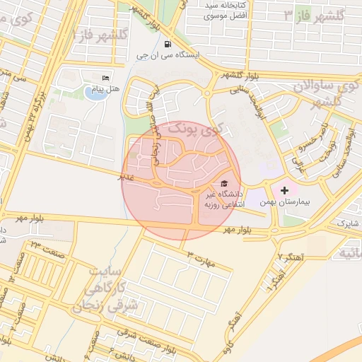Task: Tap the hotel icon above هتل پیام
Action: (106, 78)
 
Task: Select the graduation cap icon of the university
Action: (225, 182)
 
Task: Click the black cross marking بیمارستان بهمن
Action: (284, 190)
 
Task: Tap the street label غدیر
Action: (127, 177)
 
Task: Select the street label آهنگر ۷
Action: (290, 256)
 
